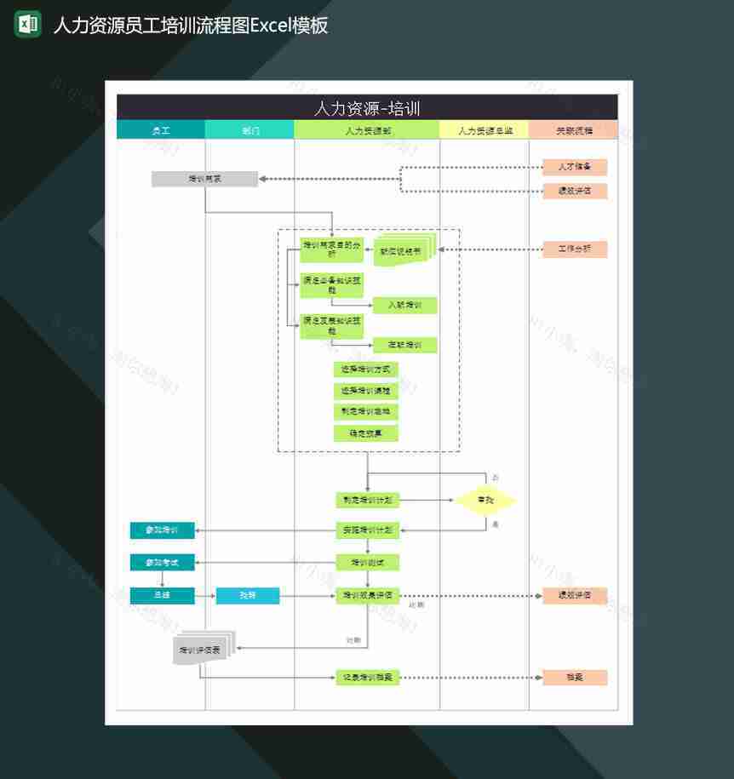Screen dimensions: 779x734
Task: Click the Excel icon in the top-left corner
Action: (28, 24)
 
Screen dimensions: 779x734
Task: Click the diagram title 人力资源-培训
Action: (367, 108)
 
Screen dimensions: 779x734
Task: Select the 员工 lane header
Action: (161, 130)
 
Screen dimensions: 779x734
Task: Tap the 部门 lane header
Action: (250, 130)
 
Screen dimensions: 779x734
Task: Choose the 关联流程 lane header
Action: (574, 130)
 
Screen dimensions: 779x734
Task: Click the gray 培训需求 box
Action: (204, 179)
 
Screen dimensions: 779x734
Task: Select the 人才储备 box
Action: (575, 166)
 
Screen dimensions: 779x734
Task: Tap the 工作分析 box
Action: (575, 249)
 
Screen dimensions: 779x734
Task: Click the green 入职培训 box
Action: (404, 305)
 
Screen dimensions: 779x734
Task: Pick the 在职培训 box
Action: (404, 345)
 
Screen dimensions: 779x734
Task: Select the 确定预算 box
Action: (366, 433)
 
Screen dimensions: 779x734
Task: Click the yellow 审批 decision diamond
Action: (485, 501)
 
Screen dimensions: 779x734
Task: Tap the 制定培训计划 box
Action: (367, 501)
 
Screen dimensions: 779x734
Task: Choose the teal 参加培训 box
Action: (162, 530)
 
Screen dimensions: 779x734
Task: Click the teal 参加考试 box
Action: (162, 562)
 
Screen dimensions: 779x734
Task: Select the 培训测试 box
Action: (367, 562)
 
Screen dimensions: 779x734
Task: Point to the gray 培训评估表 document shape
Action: (201, 650)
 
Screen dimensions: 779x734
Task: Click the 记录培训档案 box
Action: (367, 678)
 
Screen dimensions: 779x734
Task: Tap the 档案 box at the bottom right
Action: (575, 678)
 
